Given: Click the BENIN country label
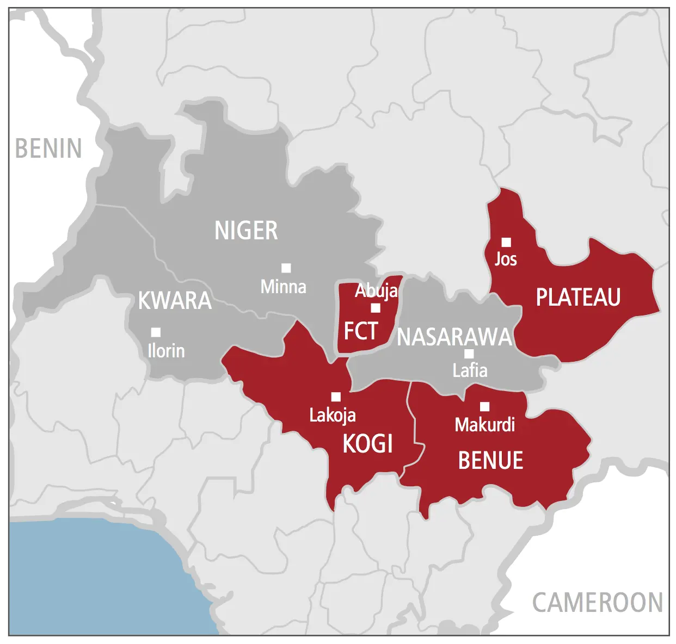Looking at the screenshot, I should pos(48,148).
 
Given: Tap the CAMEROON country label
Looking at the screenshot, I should pos(597,603).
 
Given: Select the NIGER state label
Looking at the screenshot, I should pos(246,231).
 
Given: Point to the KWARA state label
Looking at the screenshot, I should pos(175,301).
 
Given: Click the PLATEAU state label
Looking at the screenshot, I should pos(578,298).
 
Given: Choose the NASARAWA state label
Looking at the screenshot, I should pos(454,337).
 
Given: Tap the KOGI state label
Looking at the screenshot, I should pos(367,444).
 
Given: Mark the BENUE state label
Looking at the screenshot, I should pos(490,461).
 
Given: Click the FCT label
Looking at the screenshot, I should pos(361,331).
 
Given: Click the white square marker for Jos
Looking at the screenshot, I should pos(506,242).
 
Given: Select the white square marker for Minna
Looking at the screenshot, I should pos(286,268).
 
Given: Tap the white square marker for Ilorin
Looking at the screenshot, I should pos(156,332).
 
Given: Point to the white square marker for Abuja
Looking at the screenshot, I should pos(376,308).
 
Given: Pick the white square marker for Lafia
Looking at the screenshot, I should pos(469,354).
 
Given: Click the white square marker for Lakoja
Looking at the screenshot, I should pos(336,397).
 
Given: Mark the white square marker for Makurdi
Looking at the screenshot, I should pos(484,406).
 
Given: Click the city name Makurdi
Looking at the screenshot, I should pos(484,425).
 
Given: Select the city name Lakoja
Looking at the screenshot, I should pos(333,416).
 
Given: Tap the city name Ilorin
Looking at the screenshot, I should pos(166,351).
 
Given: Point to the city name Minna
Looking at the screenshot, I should pos(283,287).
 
